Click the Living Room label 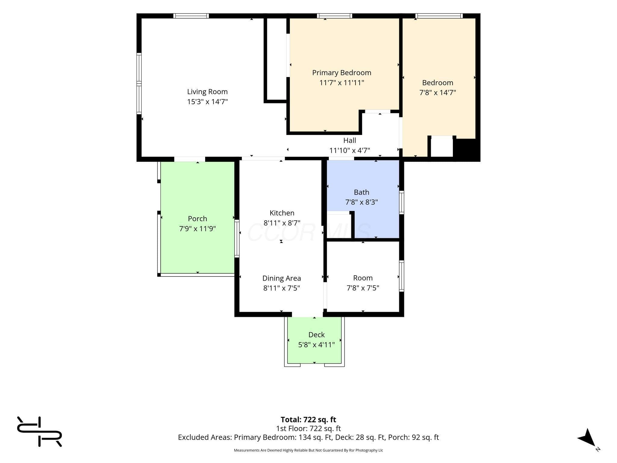[x=207, y=92]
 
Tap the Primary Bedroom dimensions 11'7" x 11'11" [x=342, y=83]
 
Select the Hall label [x=349, y=140]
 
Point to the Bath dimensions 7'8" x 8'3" [x=362, y=202]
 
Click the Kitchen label [x=282, y=213]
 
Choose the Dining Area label [x=282, y=278]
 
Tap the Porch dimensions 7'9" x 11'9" [x=198, y=228]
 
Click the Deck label [x=317, y=335]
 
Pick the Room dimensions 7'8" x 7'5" [x=363, y=288]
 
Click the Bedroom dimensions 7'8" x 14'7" [x=438, y=93]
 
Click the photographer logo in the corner [x=39, y=431]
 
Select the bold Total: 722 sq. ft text [x=308, y=420]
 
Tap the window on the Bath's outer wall [x=402, y=203]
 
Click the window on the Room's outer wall [x=402, y=276]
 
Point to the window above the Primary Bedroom [x=334, y=16]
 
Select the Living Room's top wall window [x=191, y=16]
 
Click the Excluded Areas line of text [x=308, y=437]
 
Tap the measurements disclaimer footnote [x=308, y=450]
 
